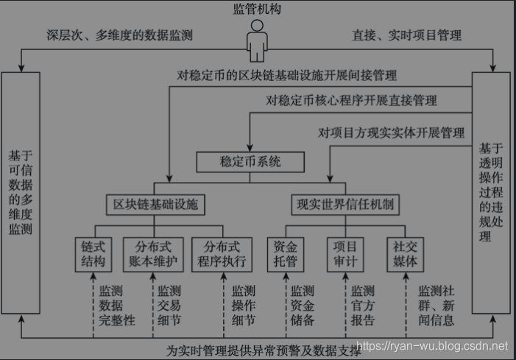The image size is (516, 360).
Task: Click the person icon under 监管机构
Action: pos(257,40)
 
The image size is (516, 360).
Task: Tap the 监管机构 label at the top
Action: pos(257,10)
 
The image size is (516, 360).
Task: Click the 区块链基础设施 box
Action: pos(154,204)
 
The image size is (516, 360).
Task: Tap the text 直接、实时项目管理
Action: pos(408,35)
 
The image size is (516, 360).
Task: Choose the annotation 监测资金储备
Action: pos(302,306)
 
